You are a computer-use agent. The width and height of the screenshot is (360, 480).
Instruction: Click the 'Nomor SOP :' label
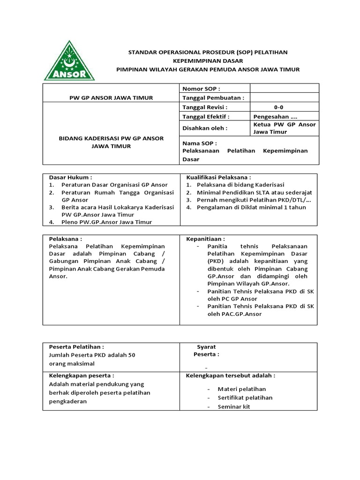(x=201, y=89)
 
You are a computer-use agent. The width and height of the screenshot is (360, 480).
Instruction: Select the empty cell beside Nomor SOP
(x=284, y=89)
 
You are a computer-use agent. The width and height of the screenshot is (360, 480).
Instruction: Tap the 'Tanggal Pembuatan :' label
(x=213, y=98)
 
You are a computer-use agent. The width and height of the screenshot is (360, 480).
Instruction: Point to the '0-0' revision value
(x=278, y=107)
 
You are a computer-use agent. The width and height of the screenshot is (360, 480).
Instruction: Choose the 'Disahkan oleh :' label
(x=205, y=128)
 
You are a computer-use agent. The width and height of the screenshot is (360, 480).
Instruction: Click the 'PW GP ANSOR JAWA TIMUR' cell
(x=111, y=98)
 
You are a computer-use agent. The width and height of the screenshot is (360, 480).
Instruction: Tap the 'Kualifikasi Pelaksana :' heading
(x=218, y=178)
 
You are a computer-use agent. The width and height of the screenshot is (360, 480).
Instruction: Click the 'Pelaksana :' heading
(x=66, y=239)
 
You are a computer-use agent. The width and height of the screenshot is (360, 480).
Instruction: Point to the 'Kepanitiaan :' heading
(x=205, y=239)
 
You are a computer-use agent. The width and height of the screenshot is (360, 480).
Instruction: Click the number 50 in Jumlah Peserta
(x=131, y=355)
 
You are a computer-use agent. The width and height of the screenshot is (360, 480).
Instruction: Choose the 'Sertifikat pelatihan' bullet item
(x=245, y=397)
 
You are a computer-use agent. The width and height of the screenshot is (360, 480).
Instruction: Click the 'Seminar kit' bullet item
(x=234, y=406)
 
